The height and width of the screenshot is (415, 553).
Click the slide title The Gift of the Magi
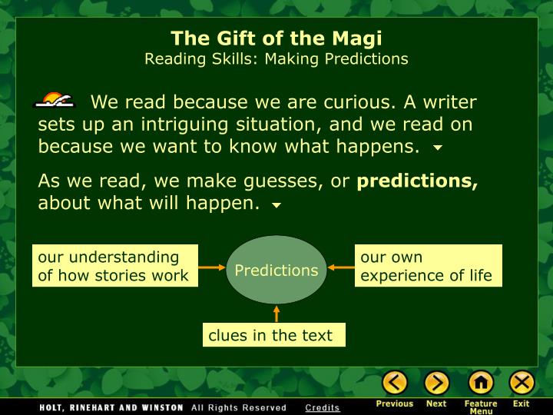[x=276, y=38]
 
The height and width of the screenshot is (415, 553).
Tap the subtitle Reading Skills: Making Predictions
[x=276, y=59]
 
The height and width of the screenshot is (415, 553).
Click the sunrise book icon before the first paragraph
[x=55, y=99]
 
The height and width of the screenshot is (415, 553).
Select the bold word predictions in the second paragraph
[x=417, y=181]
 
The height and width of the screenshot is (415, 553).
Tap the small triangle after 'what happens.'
[x=438, y=148]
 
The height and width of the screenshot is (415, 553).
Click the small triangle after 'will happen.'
[x=276, y=205]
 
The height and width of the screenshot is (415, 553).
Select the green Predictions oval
[x=276, y=270]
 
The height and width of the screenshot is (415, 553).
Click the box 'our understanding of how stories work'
[x=115, y=266]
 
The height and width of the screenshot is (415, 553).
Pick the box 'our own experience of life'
[x=428, y=266]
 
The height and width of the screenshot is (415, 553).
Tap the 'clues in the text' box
[x=274, y=335]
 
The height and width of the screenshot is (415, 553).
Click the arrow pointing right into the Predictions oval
[x=212, y=267]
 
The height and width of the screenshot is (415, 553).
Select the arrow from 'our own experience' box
[x=341, y=267]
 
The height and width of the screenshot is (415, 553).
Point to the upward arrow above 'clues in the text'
[x=276, y=314]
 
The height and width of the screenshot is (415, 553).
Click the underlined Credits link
[x=323, y=407]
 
